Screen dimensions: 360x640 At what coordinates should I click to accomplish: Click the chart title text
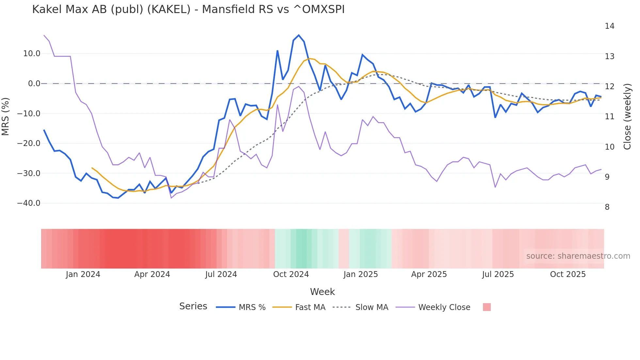tap(188, 9)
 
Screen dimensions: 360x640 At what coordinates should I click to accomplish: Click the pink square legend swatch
tap(487, 307)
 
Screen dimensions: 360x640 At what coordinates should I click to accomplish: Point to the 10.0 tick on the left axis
tap(32, 54)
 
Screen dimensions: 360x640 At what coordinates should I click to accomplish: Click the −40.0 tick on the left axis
tap(29, 203)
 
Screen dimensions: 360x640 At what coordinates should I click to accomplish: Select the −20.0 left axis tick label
tap(29, 143)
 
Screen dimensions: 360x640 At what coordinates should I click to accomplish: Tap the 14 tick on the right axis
tap(609, 26)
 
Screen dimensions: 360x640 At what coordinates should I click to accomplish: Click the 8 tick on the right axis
tap(607, 207)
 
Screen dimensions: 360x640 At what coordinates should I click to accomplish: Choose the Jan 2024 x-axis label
tap(83, 274)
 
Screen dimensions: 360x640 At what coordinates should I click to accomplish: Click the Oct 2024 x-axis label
tap(291, 274)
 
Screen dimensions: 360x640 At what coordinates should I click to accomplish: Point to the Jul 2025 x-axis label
tap(498, 274)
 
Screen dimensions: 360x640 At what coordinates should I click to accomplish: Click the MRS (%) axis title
tap(6, 116)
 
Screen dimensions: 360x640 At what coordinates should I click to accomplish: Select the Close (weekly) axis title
tap(627, 117)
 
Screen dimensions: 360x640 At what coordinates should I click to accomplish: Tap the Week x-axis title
tap(322, 292)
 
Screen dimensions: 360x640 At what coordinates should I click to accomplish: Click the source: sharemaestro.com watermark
tap(578, 256)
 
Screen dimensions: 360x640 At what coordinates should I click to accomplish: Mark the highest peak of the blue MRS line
tap(299, 35)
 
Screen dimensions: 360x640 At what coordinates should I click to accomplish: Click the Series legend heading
tap(193, 306)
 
